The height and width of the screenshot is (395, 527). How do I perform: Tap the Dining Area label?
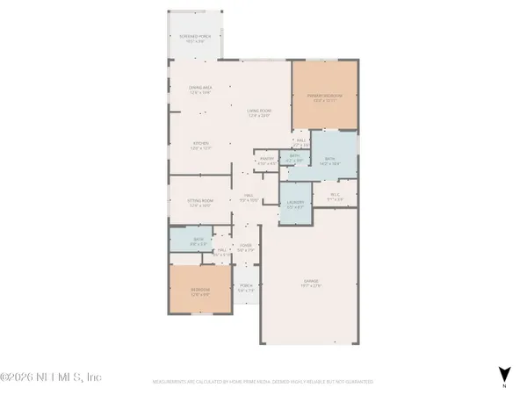(201, 90)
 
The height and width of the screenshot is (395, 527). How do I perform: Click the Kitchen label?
(201, 147)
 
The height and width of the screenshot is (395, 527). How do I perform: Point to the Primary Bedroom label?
(325, 97)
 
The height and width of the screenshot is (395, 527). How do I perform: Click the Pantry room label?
(266, 162)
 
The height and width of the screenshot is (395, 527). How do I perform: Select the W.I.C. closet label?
(335, 197)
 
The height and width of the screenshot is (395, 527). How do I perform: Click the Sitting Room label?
(201, 203)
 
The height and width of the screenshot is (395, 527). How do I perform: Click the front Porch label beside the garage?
(247, 290)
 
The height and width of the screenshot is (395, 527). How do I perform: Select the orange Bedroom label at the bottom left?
(201, 293)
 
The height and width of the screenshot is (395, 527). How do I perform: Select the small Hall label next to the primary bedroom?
(300, 141)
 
